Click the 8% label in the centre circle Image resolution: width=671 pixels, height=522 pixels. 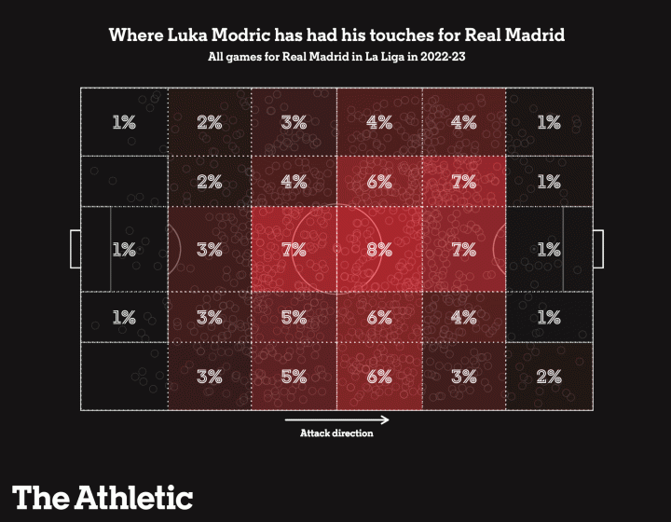pos(378,250)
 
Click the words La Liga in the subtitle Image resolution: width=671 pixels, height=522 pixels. pos(390,59)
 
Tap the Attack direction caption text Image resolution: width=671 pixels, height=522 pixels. pos(336,433)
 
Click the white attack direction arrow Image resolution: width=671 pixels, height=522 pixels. pos(336,419)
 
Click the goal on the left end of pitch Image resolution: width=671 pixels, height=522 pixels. pos(75,249)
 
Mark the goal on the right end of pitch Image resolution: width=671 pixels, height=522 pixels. pos(597,249)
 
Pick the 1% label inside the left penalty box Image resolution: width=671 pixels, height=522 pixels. pos(124,250)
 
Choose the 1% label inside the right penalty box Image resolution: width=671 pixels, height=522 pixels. pos(549,250)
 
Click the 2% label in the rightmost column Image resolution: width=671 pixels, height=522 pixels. pos(549,378)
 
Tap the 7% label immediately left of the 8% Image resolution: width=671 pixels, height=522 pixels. pos(294,250)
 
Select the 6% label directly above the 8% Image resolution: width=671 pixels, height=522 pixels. pos(378,183)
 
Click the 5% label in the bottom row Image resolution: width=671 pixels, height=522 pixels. pos(294,378)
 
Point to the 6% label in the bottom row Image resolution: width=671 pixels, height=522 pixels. pos(378,378)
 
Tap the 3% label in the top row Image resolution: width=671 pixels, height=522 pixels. pos(294,122)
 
